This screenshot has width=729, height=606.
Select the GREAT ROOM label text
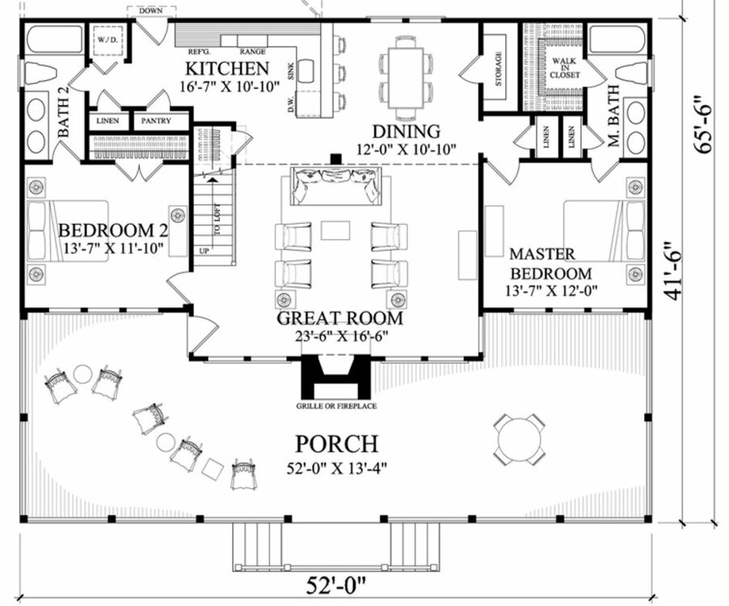[x=339, y=318]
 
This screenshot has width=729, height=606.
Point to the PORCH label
[x=336, y=444]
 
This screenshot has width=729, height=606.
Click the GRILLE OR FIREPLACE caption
[x=338, y=406]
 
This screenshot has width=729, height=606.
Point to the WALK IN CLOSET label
[x=565, y=68]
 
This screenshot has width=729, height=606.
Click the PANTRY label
[x=154, y=121]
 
